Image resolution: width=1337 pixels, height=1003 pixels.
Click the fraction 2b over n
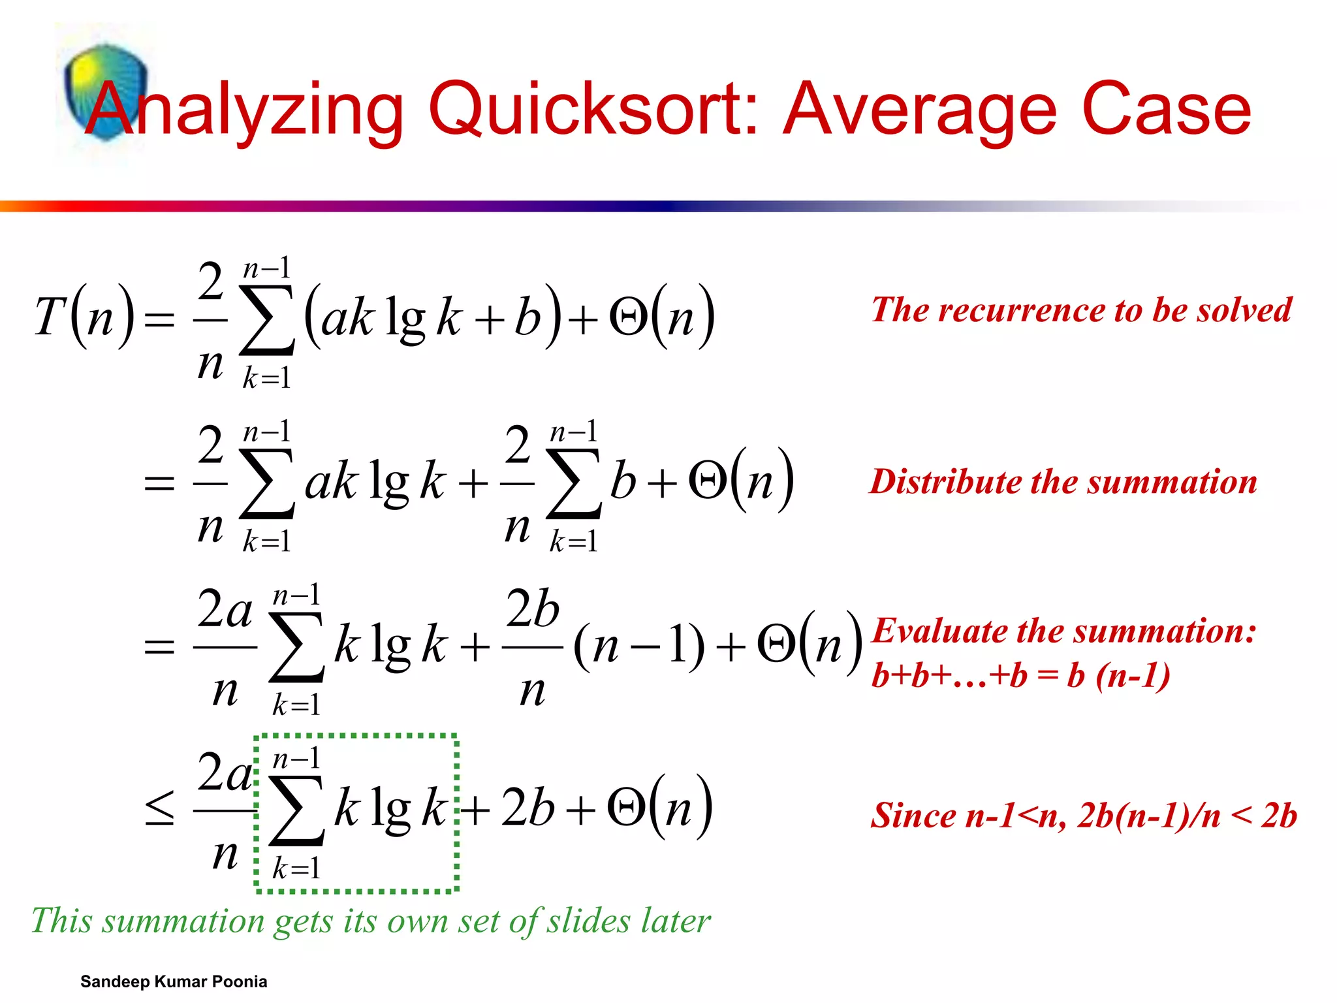point(533,646)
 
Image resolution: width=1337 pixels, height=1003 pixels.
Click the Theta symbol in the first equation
point(628,318)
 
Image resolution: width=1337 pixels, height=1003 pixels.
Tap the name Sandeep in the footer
point(115,981)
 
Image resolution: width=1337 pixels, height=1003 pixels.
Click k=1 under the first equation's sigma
point(266,378)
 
